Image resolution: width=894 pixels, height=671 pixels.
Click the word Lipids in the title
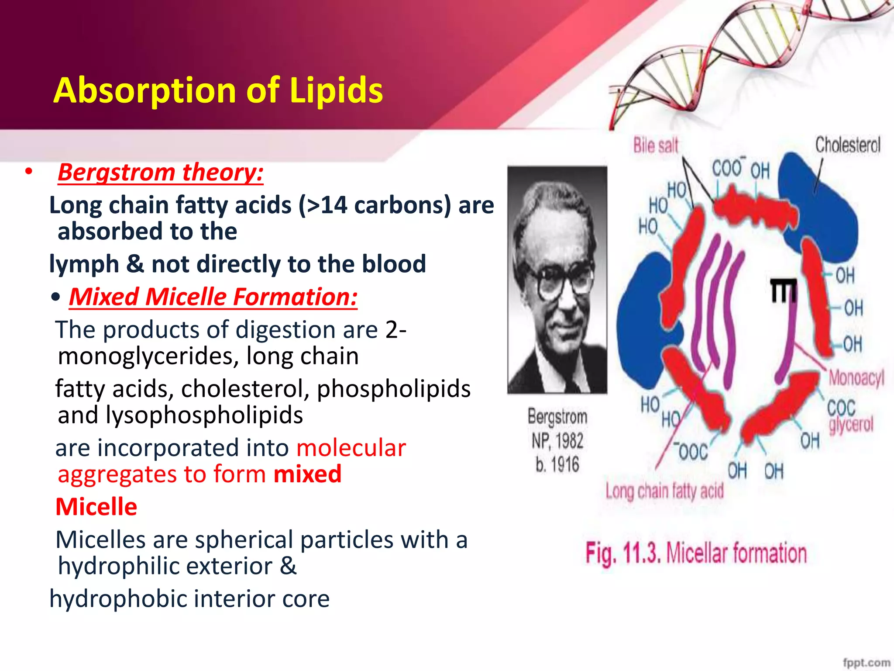coord(336,90)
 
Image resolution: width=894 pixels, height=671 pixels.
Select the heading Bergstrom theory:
coord(161,172)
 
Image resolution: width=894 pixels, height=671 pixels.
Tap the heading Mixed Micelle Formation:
coord(213,297)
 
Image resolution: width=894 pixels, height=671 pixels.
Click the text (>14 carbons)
coord(375,205)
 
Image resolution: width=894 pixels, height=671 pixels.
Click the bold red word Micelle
coord(96,507)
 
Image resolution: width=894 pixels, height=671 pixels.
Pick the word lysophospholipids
coord(204,415)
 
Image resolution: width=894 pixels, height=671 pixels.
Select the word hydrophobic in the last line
coord(118,598)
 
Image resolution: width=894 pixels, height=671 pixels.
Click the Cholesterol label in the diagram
coord(848,145)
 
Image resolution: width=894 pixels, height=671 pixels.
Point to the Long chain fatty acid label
coord(664,491)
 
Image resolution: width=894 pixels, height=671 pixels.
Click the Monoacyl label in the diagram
coord(856,377)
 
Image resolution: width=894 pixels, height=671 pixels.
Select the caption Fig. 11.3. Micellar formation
coord(696,553)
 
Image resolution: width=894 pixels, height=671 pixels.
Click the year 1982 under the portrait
coord(569,441)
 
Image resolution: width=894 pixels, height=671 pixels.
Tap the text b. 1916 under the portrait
coord(557,464)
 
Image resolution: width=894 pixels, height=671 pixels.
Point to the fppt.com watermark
coord(866,662)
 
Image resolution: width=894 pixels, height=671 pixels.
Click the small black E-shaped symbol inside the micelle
coord(783,291)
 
